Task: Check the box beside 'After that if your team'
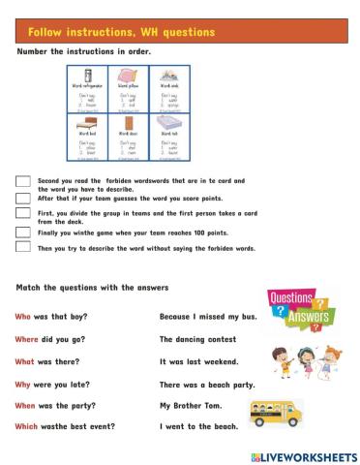[x=22, y=199]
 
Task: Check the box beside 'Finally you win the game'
[x=22, y=232]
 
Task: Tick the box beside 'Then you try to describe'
[x=22, y=247]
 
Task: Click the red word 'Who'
[x=23, y=317]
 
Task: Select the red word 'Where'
[x=28, y=339]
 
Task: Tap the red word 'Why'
[x=24, y=384]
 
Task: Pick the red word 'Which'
[x=28, y=426]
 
